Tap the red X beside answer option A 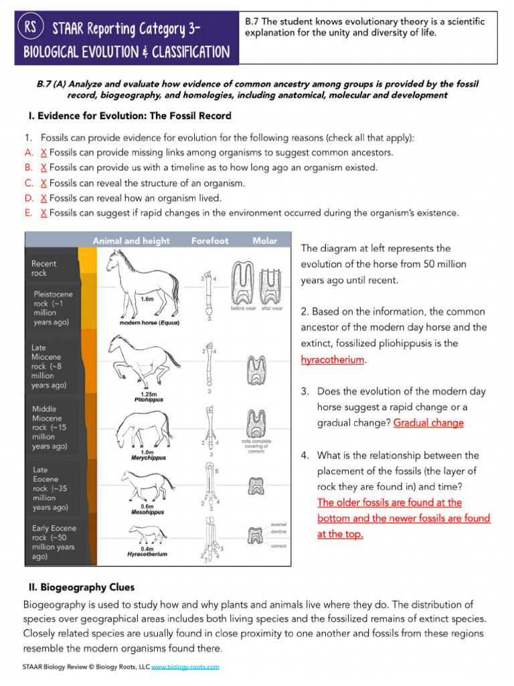coord(44,152)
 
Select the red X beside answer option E coord(44,213)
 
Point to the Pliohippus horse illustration coord(143,358)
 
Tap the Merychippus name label coord(148,458)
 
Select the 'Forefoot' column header coord(209,241)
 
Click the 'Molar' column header coord(265,241)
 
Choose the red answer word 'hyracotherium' coord(333,360)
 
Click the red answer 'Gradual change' coord(428,423)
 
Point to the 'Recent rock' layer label coord(44,269)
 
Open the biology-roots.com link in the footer coord(185,667)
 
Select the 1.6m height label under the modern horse coord(147,299)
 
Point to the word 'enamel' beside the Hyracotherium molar coord(279,524)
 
